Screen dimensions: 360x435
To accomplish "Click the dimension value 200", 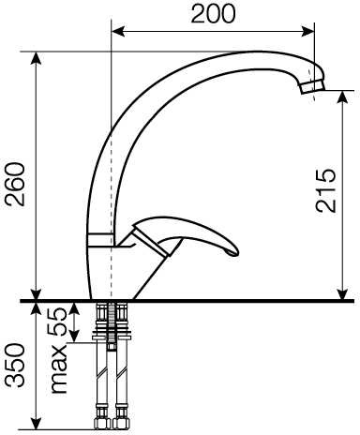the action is (x=213, y=14).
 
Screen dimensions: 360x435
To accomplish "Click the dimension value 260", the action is (x=16, y=184).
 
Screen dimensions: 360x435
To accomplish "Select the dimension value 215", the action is (x=325, y=190).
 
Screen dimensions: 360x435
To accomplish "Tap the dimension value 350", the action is (x=16, y=366).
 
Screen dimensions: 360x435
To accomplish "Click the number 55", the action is (x=56, y=322).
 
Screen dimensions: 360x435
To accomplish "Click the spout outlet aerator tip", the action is (x=313, y=86).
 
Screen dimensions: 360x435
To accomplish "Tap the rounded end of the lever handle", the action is (x=232, y=251).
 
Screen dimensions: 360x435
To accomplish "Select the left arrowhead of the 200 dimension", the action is (x=118, y=32).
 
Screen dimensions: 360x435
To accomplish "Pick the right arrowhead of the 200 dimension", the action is (x=307, y=32).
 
